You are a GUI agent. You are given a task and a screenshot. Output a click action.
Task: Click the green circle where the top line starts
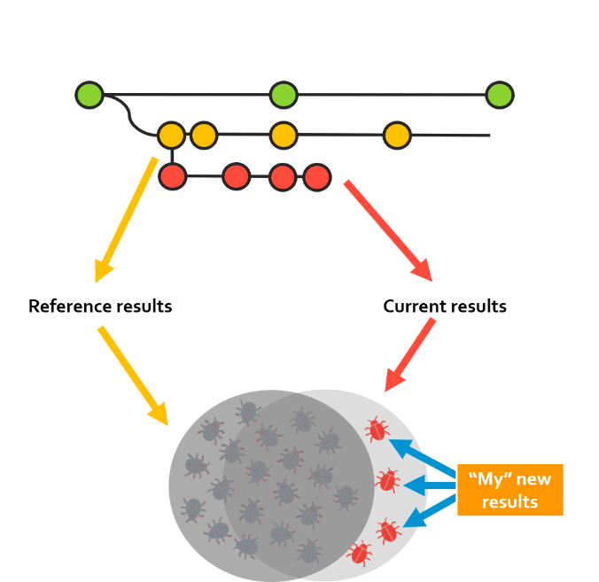point(89,94)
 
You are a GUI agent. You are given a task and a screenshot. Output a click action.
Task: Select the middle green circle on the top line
point(283,94)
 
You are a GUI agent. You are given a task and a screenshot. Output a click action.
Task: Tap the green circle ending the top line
point(499,94)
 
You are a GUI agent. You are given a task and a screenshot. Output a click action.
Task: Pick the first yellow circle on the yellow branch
point(171,136)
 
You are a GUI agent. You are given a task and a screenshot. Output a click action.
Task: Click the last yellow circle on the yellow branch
point(397,136)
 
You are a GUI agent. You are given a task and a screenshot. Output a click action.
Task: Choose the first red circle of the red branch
point(172,176)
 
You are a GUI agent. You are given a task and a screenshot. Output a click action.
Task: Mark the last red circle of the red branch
point(316,177)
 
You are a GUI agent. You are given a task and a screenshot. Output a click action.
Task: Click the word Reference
point(67,307)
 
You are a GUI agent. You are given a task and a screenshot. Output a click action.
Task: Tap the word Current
point(412,307)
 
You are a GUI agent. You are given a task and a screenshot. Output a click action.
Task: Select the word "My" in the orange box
point(489,480)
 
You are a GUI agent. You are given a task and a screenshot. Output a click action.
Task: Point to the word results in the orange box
point(510,502)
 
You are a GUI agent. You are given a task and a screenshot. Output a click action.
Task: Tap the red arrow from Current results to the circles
point(410,354)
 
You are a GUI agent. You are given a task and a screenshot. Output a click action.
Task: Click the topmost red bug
point(377,431)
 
